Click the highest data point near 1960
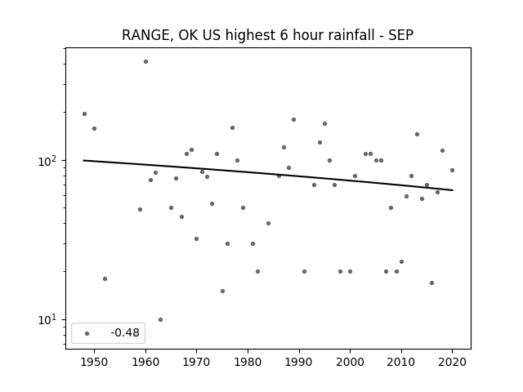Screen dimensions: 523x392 click(x=145, y=62)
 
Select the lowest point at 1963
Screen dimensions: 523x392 click(x=160, y=319)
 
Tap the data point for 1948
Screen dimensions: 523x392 click(x=84, y=114)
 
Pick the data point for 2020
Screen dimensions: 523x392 click(x=452, y=171)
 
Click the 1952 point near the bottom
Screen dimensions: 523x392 click(x=105, y=278)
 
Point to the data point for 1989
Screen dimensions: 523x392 click(x=293, y=120)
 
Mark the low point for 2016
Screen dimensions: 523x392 click(x=432, y=283)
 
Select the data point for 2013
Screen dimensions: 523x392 click(x=417, y=134)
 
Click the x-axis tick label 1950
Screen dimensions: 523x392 click(x=95, y=362)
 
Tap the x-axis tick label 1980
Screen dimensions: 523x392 click(x=248, y=362)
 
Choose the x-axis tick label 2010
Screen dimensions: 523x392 click(x=401, y=362)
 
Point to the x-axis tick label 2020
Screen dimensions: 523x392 click(x=452, y=362)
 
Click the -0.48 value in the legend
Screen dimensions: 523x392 click(x=125, y=332)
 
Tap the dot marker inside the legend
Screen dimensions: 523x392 click(x=87, y=333)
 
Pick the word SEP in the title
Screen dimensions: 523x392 click(x=401, y=35)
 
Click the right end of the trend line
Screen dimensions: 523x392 click(x=453, y=190)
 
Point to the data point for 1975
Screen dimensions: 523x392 click(x=222, y=291)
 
